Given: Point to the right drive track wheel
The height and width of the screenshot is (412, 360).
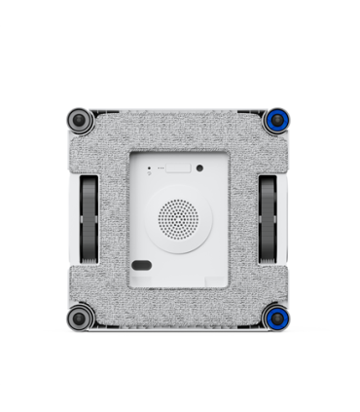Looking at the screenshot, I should point(270,219).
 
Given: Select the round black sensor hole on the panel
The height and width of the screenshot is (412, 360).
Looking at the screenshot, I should point(200,168).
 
